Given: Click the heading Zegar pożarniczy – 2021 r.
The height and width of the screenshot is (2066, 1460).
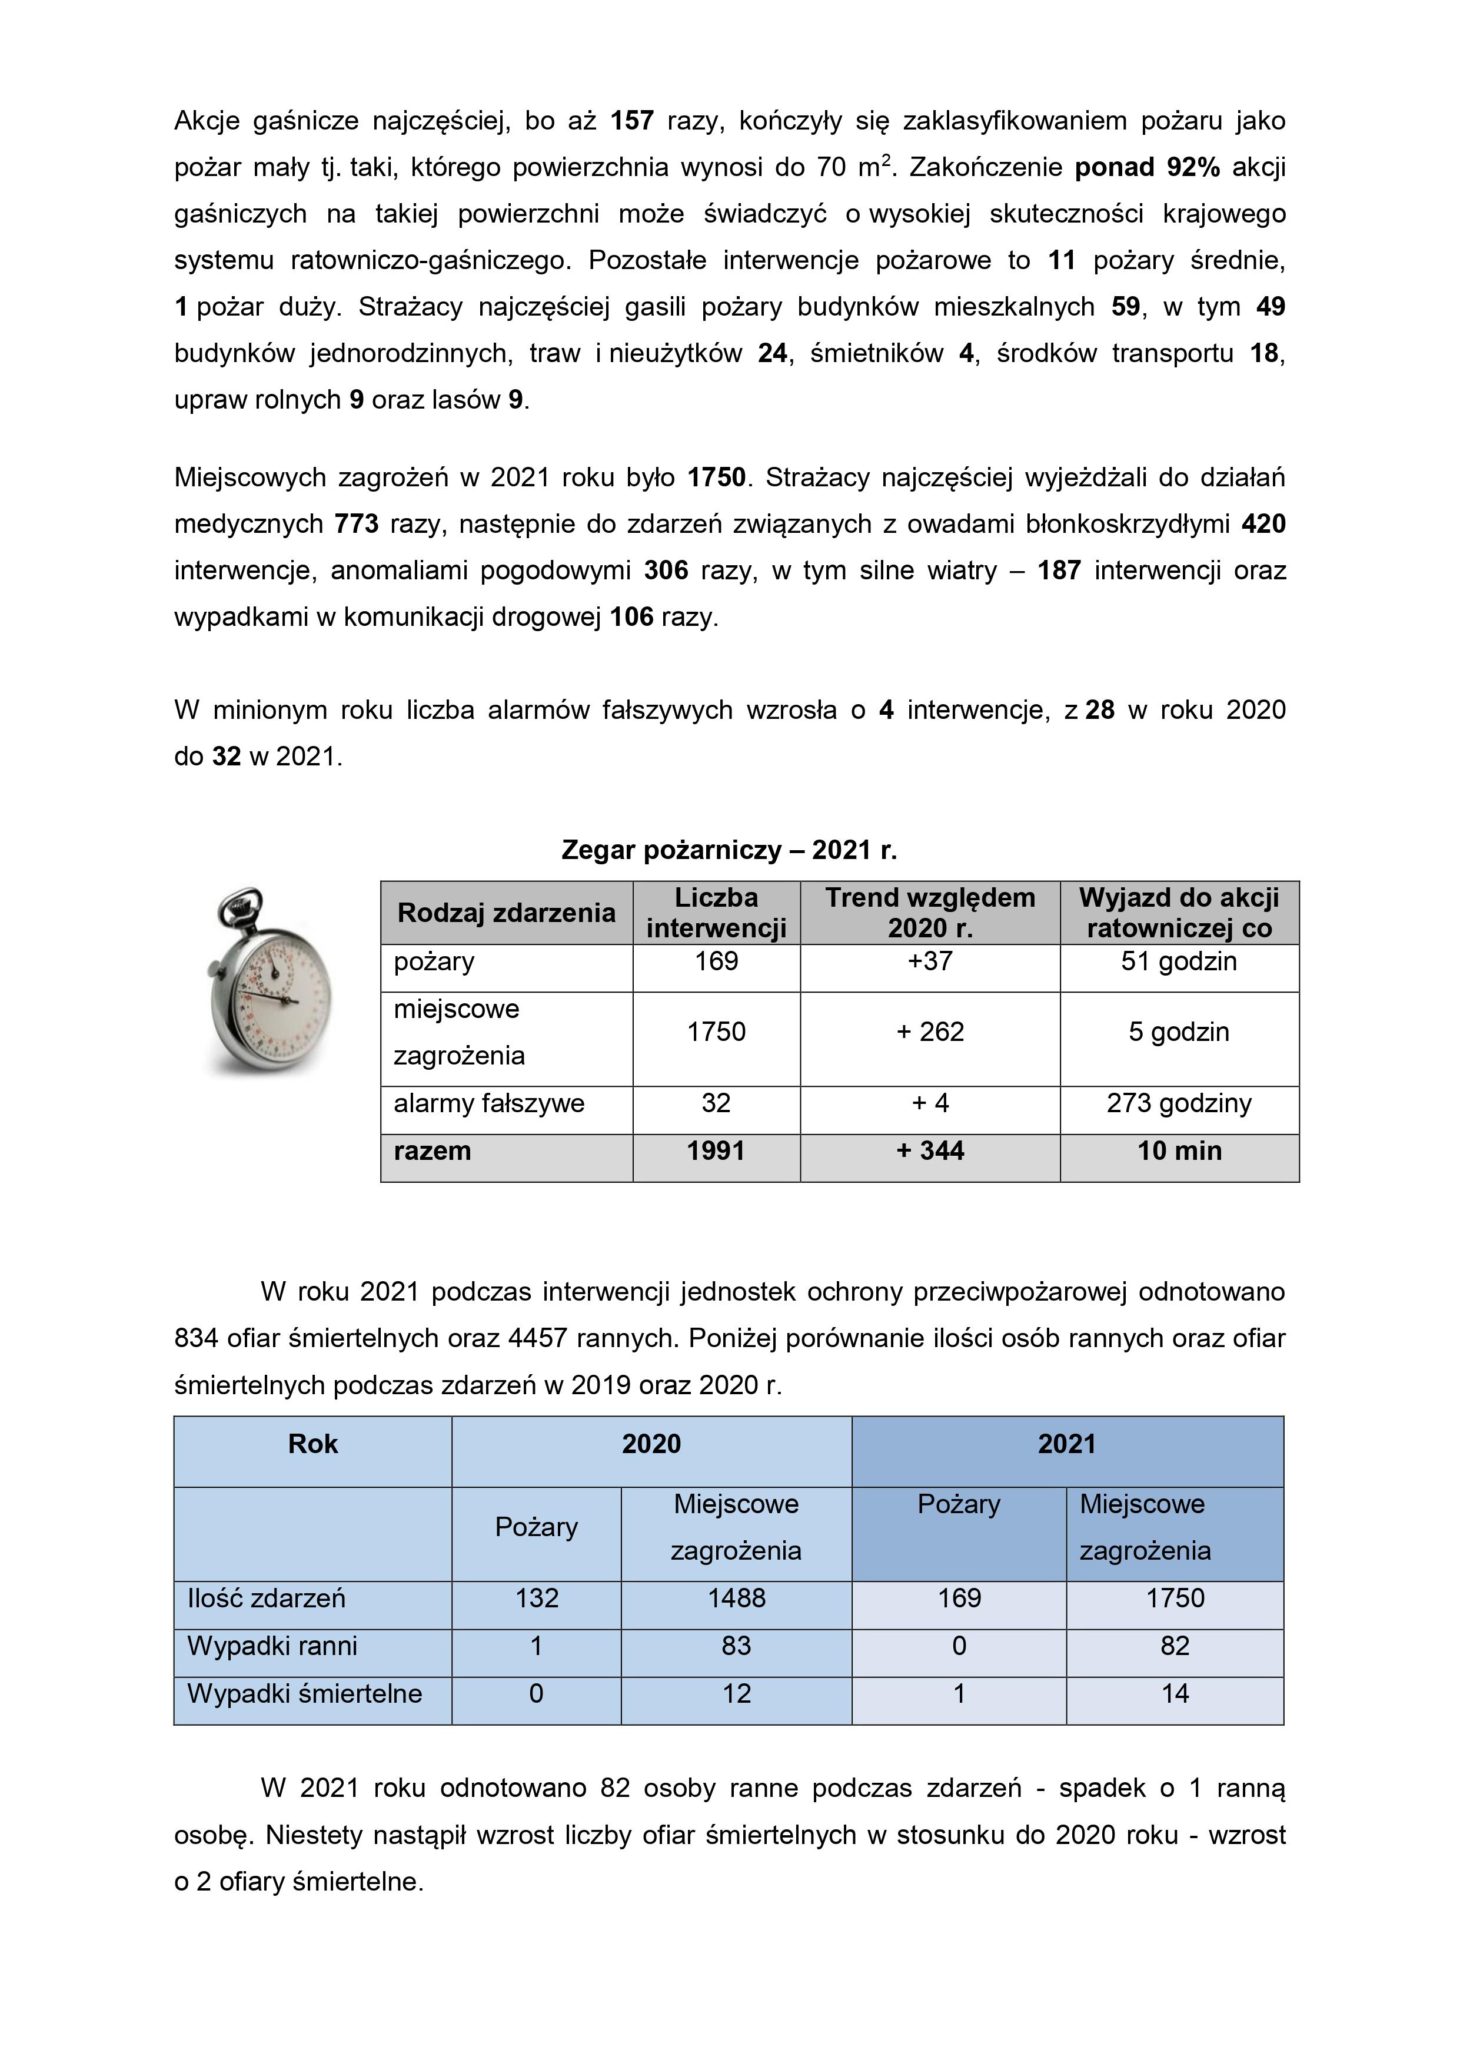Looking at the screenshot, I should pyautogui.click(x=729, y=850).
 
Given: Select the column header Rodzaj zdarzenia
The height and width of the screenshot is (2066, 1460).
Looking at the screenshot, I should pyautogui.click(x=507, y=913).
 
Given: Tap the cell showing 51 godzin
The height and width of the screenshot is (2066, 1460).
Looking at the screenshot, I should pyautogui.click(x=1179, y=961).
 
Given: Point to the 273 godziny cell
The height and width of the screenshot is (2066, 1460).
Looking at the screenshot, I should pyautogui.click(x=1179, y=1103).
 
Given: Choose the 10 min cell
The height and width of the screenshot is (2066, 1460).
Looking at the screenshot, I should pyautogui.click(x=1179, y=1151).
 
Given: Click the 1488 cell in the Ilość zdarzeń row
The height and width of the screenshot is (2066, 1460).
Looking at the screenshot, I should pyautogui.click(x=736, y=1598).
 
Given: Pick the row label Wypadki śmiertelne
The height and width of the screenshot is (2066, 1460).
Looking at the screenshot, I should pyautogui.click(x=304, y=1693).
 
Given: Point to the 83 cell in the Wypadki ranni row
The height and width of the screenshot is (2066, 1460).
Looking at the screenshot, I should pyautogui.click(x=736, y=1646).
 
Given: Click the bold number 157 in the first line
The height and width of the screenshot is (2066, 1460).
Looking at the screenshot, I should pyautogui.click(x=631, y=121).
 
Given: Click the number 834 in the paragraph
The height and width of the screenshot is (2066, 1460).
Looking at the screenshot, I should pyautogui.click(x=196, y=1338).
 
